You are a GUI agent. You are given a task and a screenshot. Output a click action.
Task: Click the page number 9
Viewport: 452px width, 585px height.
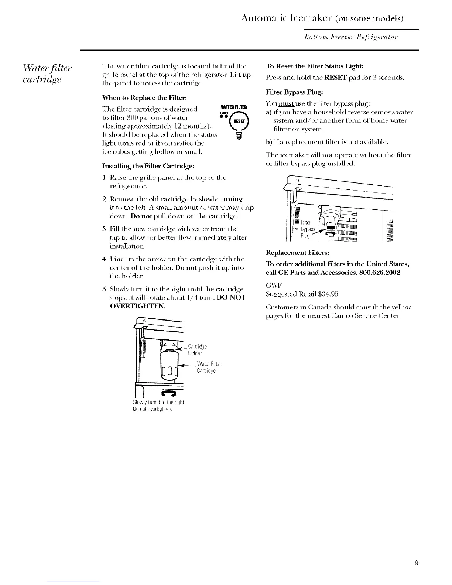(416, 563)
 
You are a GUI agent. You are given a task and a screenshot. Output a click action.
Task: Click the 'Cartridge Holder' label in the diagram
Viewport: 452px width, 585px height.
(197, 350)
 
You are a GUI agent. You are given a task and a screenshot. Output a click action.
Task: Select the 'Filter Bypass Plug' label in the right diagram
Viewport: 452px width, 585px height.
(307, 229)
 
